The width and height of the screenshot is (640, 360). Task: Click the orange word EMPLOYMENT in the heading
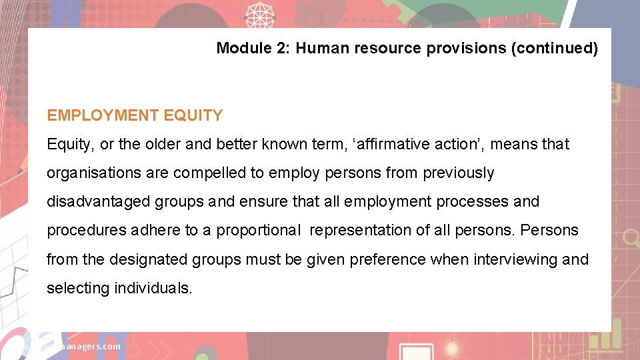(101, 115)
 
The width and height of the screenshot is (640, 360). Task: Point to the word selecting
(78, 287)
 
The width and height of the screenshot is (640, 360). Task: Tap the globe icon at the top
(259, 13)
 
